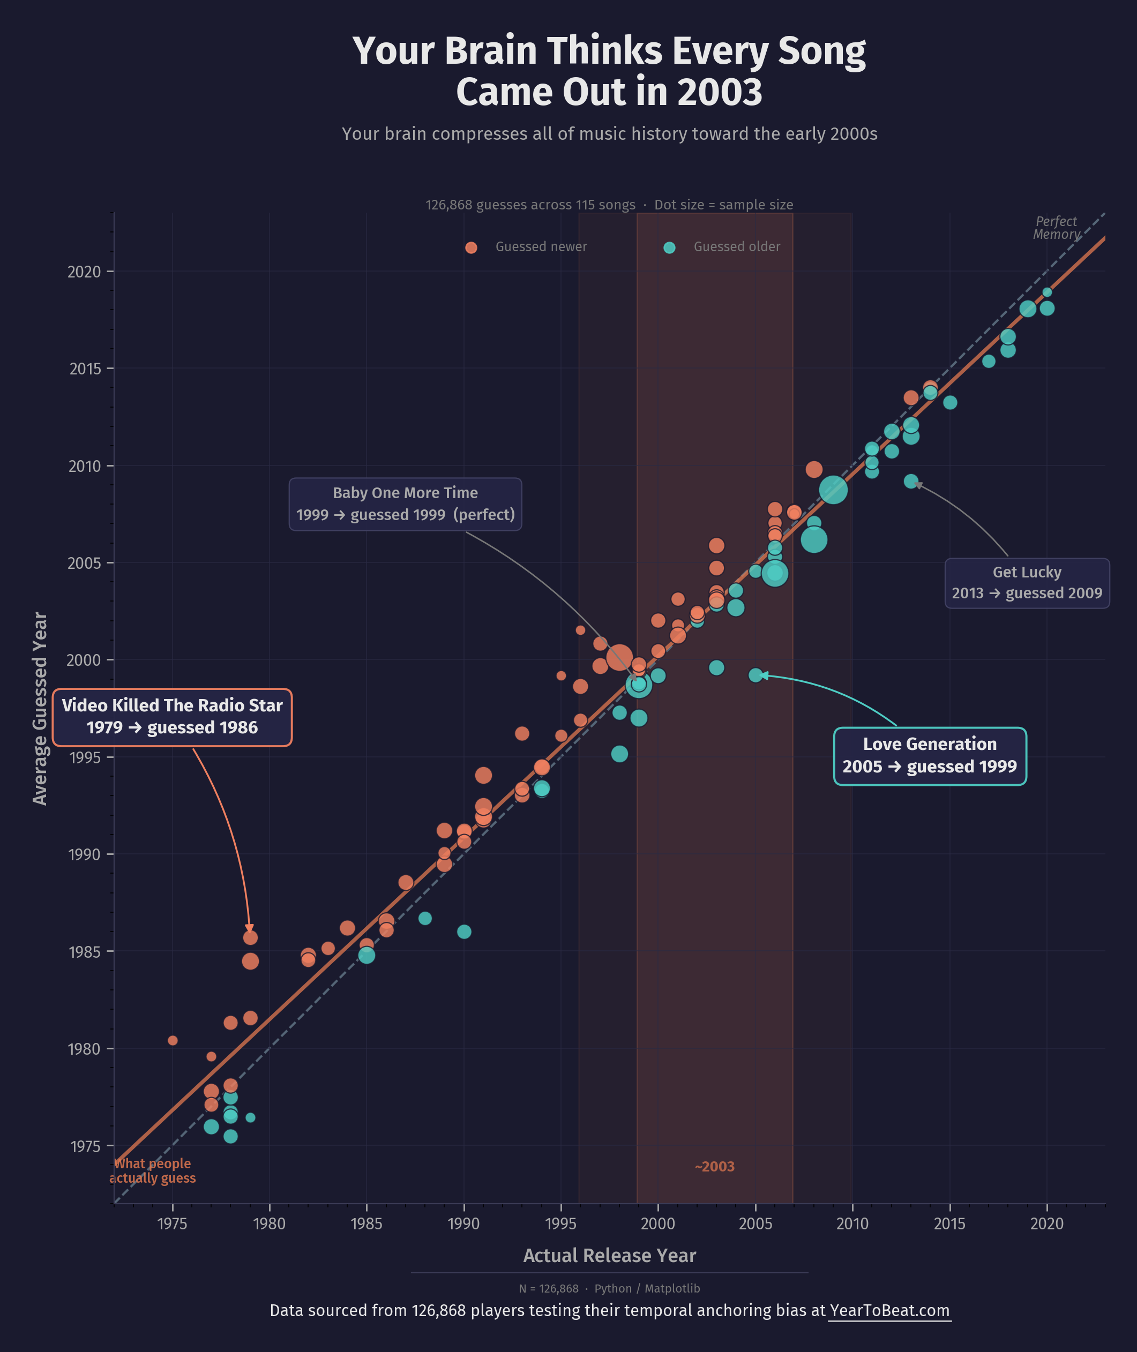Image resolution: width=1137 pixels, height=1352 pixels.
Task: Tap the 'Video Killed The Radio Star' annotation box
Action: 172,717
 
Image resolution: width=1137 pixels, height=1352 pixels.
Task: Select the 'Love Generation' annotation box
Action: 930,755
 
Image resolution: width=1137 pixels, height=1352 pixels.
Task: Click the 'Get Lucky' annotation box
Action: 1026,583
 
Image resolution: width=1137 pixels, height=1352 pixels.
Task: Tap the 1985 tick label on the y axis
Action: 85,952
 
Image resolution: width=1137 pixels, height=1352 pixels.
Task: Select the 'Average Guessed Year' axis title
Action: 40,708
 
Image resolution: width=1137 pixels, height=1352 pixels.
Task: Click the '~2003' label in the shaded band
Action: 714,1167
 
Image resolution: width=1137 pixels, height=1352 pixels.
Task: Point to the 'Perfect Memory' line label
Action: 1056,228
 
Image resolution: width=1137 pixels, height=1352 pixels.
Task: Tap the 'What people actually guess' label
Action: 153,1171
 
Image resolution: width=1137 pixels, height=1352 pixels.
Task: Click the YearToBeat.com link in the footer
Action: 889,1310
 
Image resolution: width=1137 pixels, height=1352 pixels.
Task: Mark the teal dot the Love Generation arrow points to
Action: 755,675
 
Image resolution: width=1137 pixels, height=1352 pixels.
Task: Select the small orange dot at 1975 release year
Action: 172,1040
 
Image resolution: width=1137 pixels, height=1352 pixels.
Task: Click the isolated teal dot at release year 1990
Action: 463,932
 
